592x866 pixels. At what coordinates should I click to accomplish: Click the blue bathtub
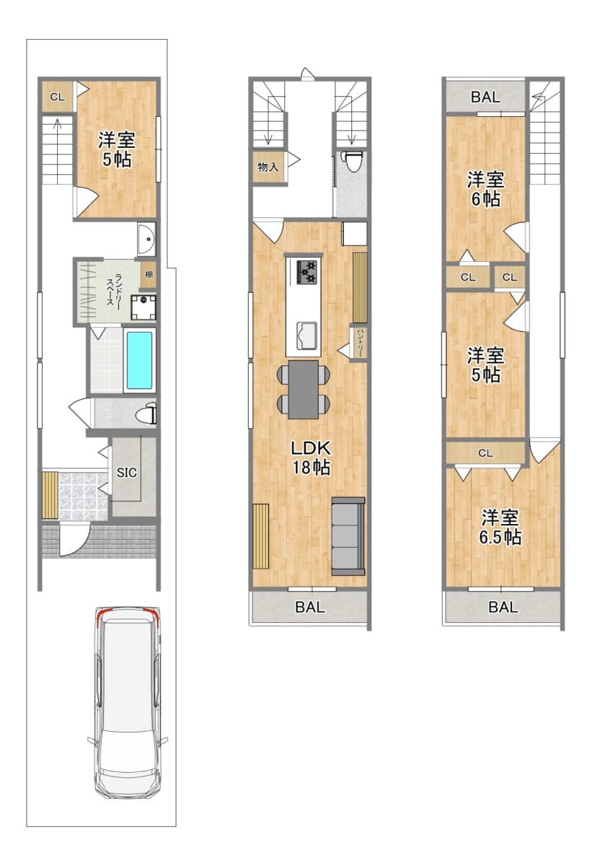coord(139,360)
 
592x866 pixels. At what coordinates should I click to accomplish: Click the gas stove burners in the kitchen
coord(306,272)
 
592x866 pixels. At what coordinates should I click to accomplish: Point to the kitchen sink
coord(306,335)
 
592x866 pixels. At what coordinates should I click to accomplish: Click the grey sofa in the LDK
coord(348,535)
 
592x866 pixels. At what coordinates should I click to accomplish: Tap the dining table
coord(304,389)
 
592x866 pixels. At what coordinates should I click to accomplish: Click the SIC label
coord(127,473)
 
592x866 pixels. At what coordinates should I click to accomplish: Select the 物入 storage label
coord(268,167)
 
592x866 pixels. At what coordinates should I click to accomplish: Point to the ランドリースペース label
coord(113,289)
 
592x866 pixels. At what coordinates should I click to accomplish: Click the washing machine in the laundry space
coord(143,307)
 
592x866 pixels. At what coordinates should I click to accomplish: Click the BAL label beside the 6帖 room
coord(486,97)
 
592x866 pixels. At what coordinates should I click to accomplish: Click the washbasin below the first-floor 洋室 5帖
coord(147,239)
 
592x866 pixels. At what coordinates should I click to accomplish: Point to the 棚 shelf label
coord(149,274)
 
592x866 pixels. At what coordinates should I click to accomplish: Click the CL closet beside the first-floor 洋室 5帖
coord(58,97)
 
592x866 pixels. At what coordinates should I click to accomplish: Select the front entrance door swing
coord(74,538)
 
